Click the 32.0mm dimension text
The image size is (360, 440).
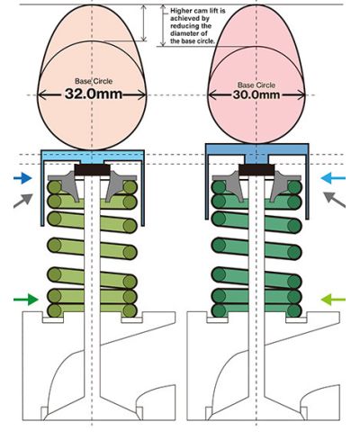click(94, 94)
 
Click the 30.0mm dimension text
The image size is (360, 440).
click(256, 94)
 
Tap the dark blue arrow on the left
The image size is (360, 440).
click(22, 178)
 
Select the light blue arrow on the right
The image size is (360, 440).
click(333, 178)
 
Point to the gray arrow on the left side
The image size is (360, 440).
click(23, 201)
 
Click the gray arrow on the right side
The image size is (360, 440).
click(334, 199)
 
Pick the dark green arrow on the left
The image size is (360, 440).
click(26, 300)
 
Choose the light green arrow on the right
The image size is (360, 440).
click(333, 300)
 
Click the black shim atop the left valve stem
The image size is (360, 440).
click(92, 170)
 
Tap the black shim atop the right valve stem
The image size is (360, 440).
click(256, 170)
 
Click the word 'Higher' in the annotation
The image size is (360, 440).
click(180, 11)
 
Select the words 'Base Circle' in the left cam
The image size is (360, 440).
click(94, 81)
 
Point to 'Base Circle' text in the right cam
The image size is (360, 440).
click(256, 85)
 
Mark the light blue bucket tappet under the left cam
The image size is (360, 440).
click(93, 157)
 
